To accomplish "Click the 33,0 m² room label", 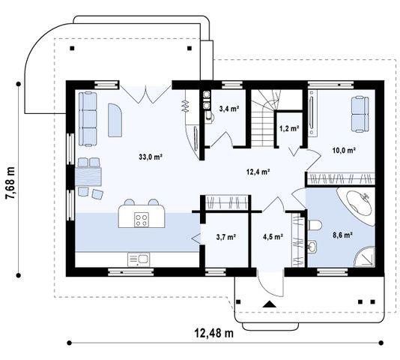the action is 151,157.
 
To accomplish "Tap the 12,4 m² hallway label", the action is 258,172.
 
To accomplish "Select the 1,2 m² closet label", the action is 289,128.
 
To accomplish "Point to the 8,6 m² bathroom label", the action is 342,235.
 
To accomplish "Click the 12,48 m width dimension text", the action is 213,333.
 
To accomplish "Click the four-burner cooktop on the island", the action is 142,220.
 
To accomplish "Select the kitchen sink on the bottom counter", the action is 139,259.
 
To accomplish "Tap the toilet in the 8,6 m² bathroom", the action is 315,225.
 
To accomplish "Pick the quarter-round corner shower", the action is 365,256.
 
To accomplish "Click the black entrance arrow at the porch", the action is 270,304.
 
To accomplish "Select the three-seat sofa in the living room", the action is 88,119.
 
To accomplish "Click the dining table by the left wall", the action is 88,176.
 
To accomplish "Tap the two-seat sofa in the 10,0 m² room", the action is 360,114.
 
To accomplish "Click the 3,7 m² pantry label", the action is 225,237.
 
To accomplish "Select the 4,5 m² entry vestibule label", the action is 273,237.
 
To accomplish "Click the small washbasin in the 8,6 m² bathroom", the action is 312,247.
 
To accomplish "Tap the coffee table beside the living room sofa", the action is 115,120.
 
